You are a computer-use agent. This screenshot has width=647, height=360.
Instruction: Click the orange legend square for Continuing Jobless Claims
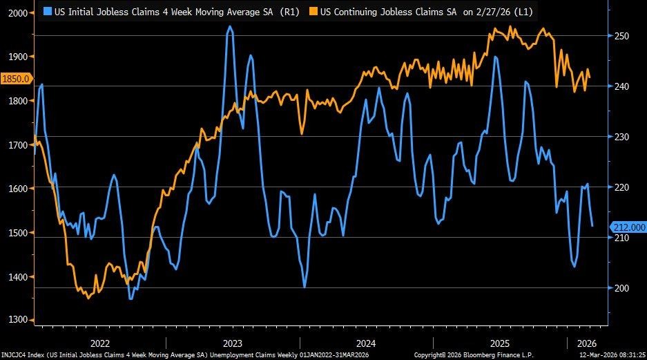click(313, 12)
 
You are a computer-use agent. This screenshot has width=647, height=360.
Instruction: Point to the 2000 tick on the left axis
click(16, 13)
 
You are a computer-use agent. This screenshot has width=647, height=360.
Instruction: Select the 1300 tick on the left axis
click(16, 321)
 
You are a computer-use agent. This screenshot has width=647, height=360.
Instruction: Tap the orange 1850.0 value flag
click(16, 79)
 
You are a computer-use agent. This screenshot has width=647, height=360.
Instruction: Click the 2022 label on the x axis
click(99, 343)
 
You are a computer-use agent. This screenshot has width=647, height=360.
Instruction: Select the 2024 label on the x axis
click(366, 343)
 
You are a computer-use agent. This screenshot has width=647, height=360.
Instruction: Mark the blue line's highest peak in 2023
click(230, 27)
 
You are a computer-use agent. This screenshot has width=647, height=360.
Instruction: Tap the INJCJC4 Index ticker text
click(21, 354)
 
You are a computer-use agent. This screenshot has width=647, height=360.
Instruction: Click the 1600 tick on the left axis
click(16, 189)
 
